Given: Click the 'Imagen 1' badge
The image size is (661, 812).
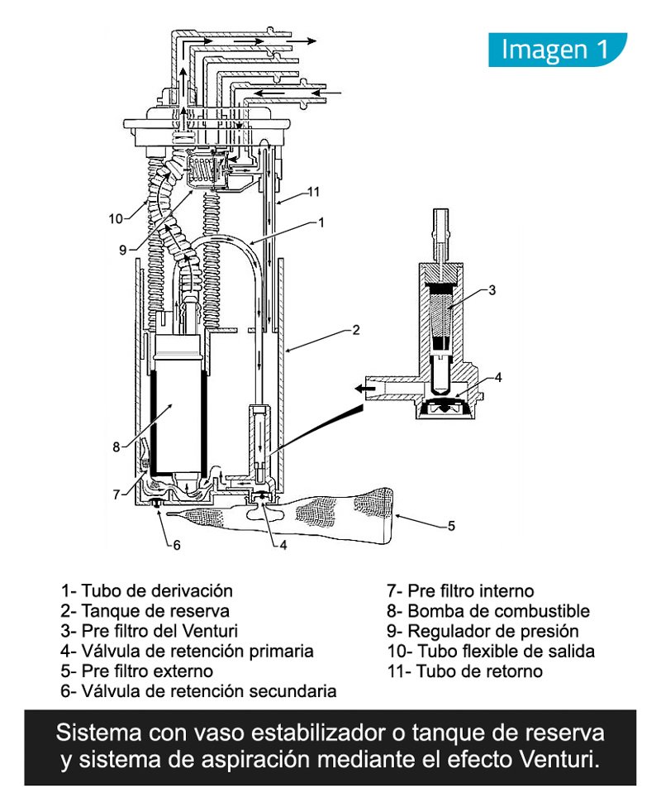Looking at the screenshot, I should [x=557, y=50].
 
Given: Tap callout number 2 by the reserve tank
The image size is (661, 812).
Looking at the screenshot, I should [x=355, y=330].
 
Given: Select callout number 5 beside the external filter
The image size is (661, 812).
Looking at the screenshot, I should [x=451, y=524].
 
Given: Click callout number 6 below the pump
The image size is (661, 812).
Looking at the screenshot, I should [x=176, y=545].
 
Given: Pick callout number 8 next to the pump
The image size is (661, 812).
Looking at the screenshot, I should [x=117, y=447].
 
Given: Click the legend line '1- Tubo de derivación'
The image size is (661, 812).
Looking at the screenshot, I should [x=146, y=591].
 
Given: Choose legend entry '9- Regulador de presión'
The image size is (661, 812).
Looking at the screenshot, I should [x=483, y=631].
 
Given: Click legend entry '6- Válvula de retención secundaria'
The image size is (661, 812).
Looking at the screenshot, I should [x=198, y=690].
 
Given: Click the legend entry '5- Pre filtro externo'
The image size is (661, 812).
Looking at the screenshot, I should [x=136, y=671].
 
